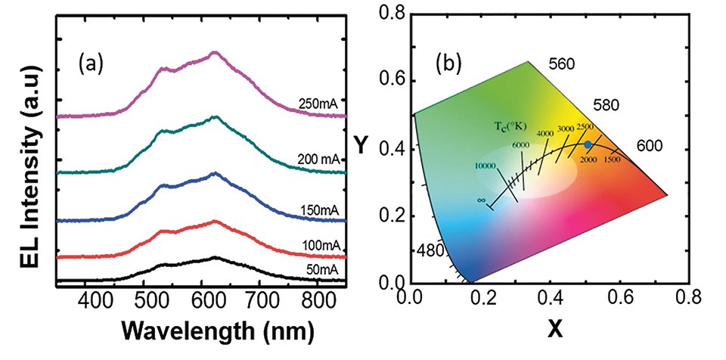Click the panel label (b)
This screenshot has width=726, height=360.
click(x=451, y=64)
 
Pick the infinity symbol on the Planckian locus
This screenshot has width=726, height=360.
click(x=479, y=200)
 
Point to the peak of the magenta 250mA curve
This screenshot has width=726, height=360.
click(x=215, y=53)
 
